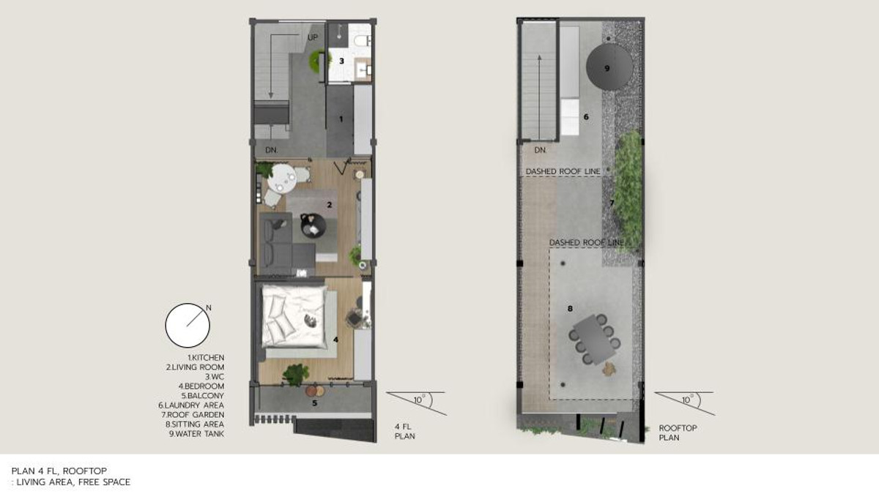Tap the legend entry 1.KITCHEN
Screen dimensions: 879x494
coord(206,358)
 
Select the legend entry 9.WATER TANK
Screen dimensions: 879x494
coord(196,434)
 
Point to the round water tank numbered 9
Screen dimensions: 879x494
coord(609,67)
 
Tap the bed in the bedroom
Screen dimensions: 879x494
coord(294,316)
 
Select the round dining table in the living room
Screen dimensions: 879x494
coord(282,178)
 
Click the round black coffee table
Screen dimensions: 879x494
coord(314,226)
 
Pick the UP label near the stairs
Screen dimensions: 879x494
coord(313,37)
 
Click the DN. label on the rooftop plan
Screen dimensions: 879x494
coord(541,150)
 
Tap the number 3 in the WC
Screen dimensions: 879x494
coord(341,61)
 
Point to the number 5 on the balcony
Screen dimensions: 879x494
coord(314,403)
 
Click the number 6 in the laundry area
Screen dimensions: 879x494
coord(586,117)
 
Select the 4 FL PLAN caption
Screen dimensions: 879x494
coord(404,431)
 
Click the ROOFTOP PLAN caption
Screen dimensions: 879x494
coord(678,433)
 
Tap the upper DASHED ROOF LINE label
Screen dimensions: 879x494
coord(563,172)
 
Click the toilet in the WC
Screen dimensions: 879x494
coord(361,40)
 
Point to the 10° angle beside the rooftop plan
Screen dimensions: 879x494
coord(686,400)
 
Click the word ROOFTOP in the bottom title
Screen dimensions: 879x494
coord(85,471)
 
